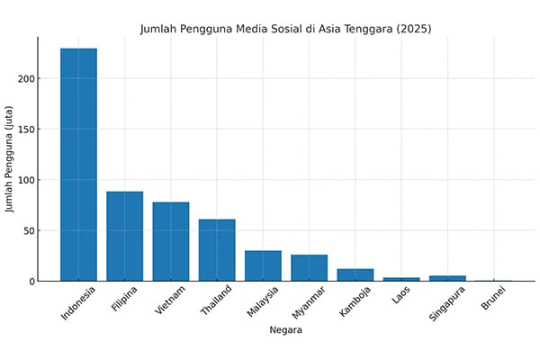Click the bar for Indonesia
78,165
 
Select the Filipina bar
124,236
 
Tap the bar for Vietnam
170,241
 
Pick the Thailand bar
217,249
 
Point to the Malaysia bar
263,265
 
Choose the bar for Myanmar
309,267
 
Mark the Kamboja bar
355,274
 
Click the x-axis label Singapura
447,303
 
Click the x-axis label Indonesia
76,304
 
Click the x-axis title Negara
286,330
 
